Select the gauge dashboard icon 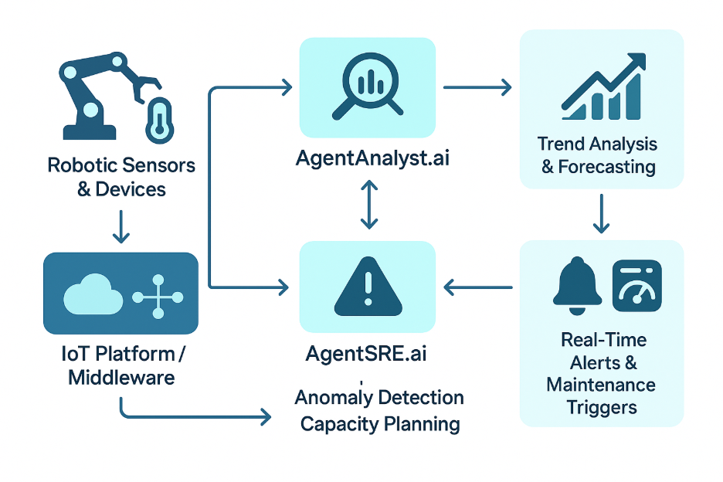point(636,285)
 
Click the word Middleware point(121,378)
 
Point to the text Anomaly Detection point(379,398)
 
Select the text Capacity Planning point(380,424)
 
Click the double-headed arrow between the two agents point(368,205)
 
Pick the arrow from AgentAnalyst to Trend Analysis point(477,87)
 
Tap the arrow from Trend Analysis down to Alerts point(602,214)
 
